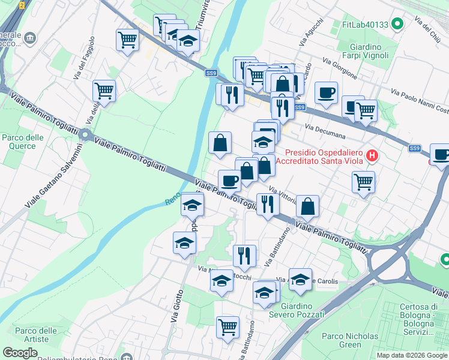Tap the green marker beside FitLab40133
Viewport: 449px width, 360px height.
396,25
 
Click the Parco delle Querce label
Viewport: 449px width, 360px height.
22,142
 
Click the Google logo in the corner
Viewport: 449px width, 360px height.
20,352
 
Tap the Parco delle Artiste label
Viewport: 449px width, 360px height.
36,335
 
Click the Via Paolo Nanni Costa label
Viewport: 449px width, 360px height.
419,101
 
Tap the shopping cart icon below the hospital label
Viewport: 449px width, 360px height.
363,182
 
